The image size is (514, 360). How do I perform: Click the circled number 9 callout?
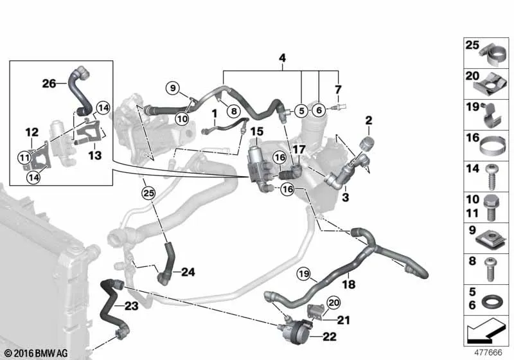[173, 88]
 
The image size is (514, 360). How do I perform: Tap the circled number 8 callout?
[234, 111]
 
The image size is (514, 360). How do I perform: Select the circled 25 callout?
[149, 193]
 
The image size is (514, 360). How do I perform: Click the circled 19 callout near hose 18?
[304, 273]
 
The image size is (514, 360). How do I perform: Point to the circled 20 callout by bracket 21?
[333, 303]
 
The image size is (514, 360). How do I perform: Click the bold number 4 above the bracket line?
[282, 59]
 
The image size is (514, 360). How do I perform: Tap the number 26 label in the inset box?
[49, 84]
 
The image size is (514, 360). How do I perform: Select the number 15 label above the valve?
[256, 132]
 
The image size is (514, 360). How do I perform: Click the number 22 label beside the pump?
[329, 336]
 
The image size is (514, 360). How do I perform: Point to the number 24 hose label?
[188, 272]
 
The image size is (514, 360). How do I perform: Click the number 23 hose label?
[131, 306]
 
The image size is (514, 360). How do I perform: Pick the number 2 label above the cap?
[369, 120]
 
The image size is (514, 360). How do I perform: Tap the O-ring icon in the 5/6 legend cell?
[490, 300]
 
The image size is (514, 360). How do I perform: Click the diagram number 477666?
[488, 352]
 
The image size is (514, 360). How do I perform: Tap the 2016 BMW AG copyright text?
[37, 354]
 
